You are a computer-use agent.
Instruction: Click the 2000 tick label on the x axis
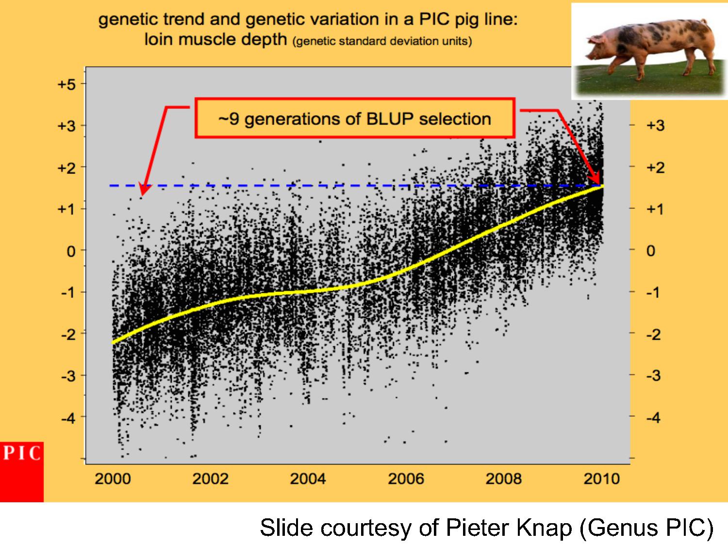coord(113,479)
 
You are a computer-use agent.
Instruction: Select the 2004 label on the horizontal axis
coord(308,479)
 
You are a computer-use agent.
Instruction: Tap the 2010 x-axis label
coord(602,479)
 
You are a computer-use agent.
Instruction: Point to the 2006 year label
coord(406,479)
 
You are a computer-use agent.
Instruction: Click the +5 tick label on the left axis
coord(66,84)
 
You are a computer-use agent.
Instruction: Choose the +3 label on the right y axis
coord(656,126)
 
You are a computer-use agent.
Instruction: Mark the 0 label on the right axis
coord(651,251)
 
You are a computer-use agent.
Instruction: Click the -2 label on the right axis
coord(654,334)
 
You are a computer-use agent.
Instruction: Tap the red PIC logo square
coord(21,472)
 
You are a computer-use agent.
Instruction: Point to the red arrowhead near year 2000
coord(145,190)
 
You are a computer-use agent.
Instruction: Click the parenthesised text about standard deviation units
coord(382,41)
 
